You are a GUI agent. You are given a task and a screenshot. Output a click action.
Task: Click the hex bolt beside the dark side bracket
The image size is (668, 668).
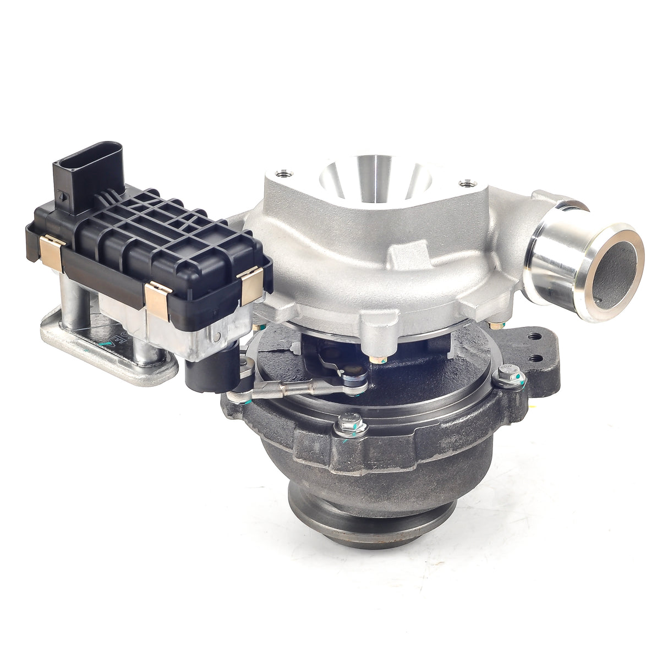point(503,376)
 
